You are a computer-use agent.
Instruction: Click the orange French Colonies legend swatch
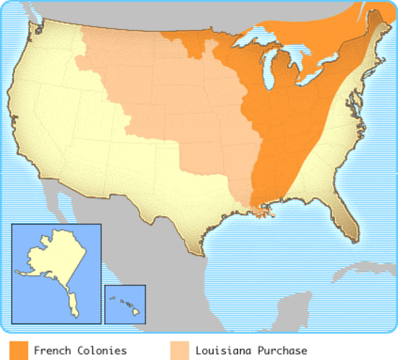click(x=19, y=350)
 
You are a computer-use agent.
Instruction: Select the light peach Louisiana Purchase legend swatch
click(x=179, y=350)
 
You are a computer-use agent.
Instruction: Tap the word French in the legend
click(x=52, y=350)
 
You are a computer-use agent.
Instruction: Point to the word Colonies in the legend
click(x=101, y=350)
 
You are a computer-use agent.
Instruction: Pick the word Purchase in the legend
click(x=280, y=350)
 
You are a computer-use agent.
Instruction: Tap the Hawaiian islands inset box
click(x=125, y=304)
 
